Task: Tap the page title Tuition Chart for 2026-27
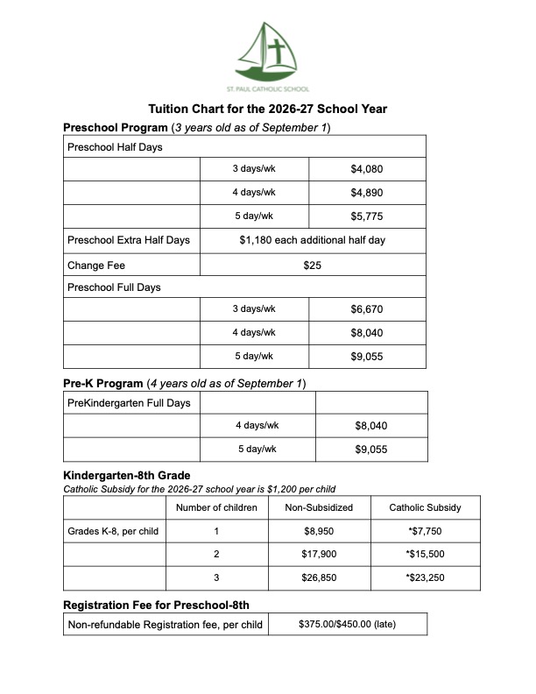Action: tap(267, 110)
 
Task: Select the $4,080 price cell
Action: tap(366, 169)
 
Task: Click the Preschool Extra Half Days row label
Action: tap(128, 240)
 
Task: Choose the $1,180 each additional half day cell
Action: tap(312, 240)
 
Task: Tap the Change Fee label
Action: tap(91, 264)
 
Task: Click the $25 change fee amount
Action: tap(313, 264)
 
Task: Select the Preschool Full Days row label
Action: tap(114, 287)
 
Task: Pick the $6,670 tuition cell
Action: tap(366, 310)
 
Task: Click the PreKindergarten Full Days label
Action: tap(129, 403)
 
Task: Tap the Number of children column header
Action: tap(216, 507)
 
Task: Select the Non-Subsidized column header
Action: tap(319, 507)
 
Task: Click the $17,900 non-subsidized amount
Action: tap(319, 555)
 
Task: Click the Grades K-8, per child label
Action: tap(113, 531)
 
